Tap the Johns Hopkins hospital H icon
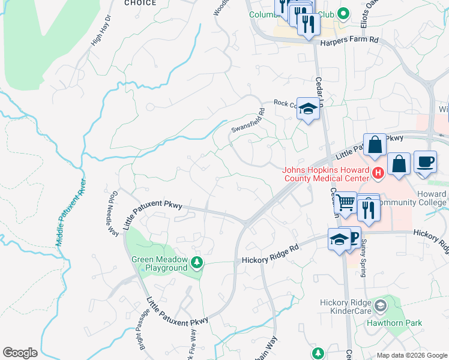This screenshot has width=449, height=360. point(378,174)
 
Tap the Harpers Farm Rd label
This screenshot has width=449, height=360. point(351,40)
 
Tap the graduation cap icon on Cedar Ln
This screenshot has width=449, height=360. point(308,108)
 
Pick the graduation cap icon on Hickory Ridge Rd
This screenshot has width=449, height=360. point(339,239)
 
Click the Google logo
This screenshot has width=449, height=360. point(20,353)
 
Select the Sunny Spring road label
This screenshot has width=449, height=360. point(362,257)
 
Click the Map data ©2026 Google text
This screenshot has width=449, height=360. point(411,355)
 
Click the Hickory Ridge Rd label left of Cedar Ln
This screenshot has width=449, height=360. point(270,252)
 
